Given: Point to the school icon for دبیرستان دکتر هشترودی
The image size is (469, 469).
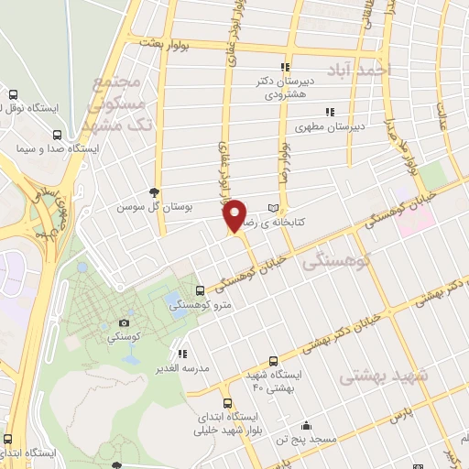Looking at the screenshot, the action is (285, 67).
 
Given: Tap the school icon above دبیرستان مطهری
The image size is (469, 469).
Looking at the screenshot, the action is (329, 113).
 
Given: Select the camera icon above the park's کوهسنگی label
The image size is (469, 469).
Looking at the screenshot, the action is (124, 322).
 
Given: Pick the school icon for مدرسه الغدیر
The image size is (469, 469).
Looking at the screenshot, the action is (182, 353).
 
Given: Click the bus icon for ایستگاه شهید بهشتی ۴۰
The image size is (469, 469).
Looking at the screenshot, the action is (273, 360).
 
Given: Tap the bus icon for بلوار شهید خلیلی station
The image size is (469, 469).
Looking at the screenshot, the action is (226, 403).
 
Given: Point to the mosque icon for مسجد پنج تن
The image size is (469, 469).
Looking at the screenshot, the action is (306, 425).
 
